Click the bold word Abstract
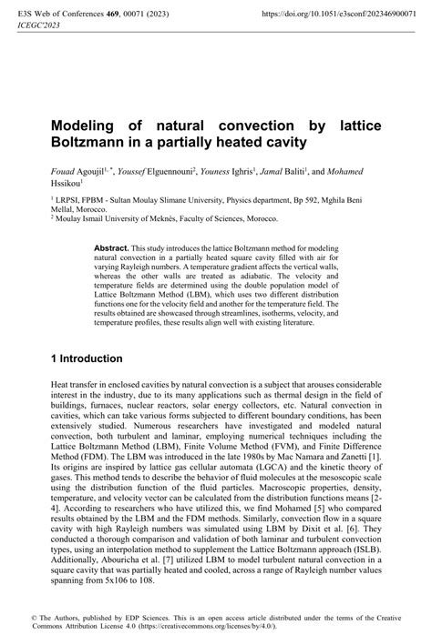point(112,247)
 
